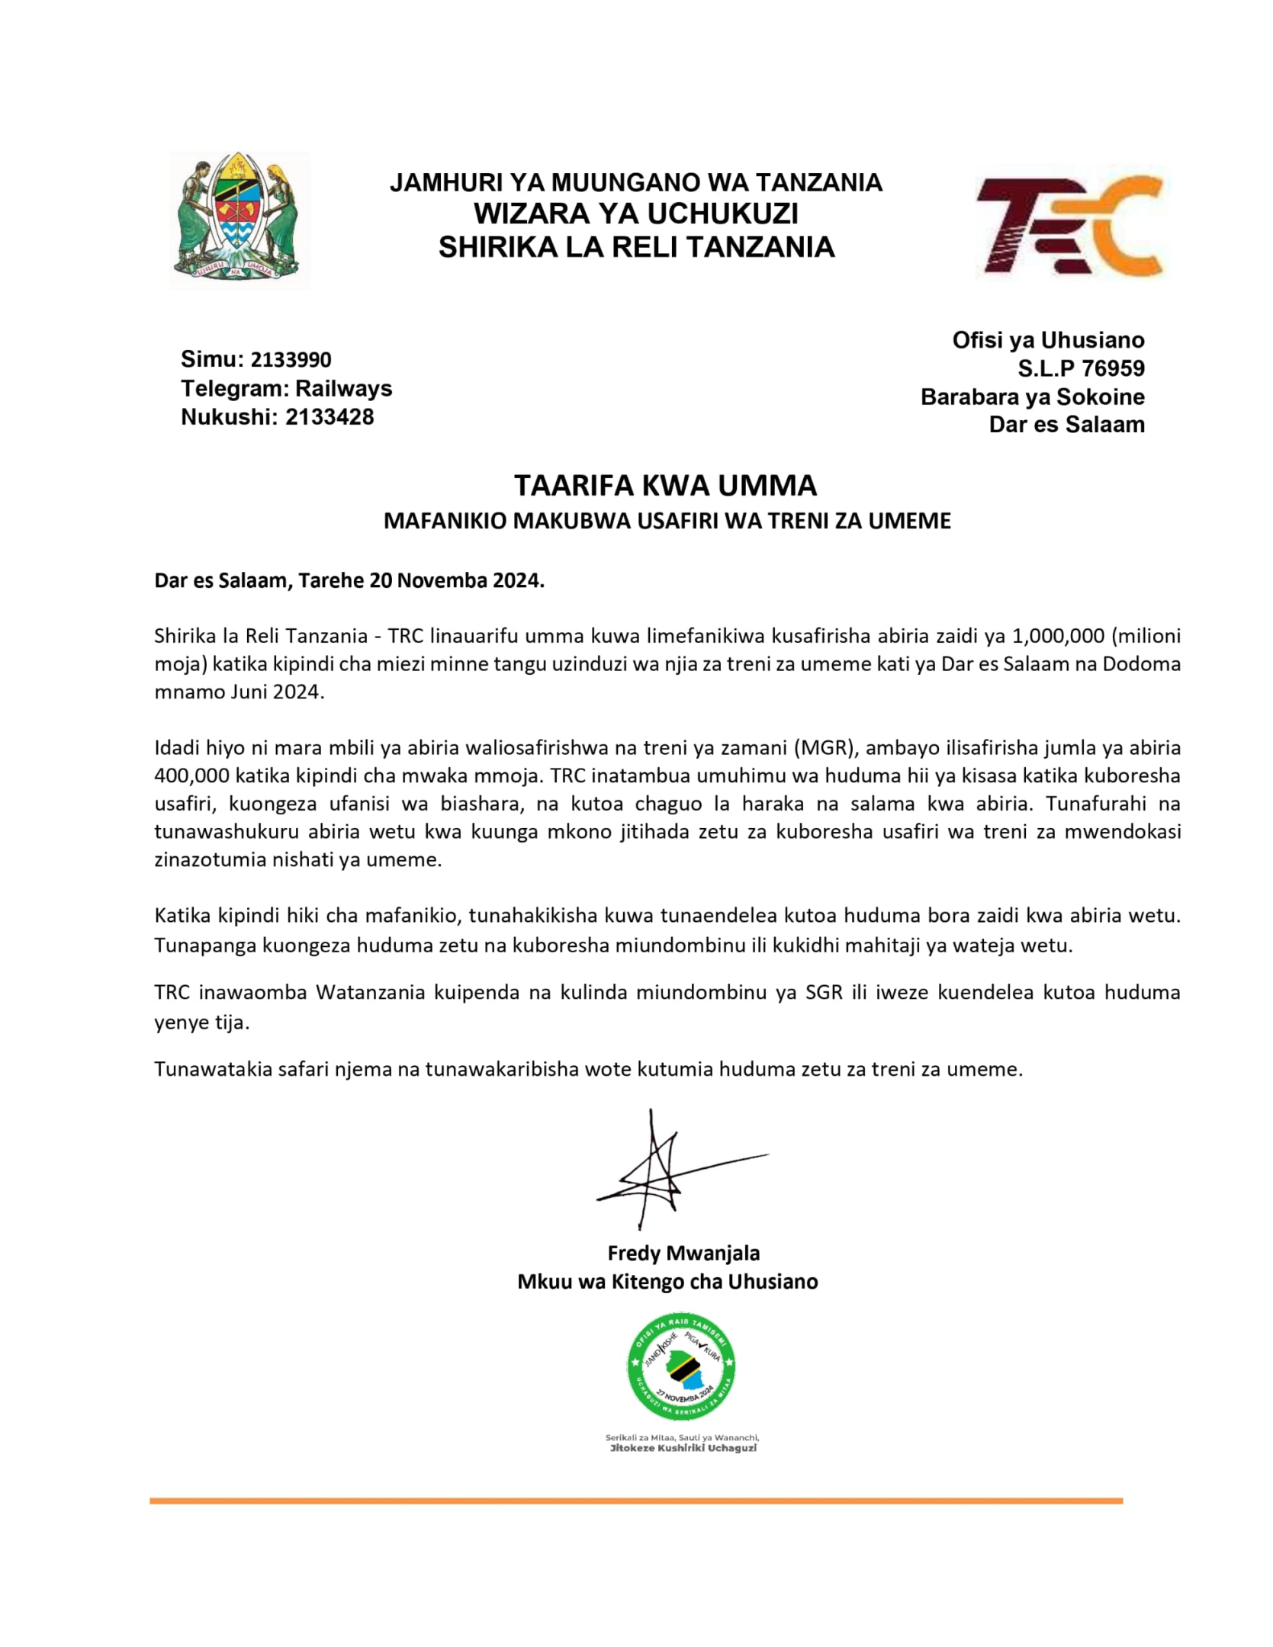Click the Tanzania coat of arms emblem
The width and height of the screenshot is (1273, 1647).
(x=239, y=220)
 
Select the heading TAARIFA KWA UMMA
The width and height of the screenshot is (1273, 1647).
(x=665, y=485)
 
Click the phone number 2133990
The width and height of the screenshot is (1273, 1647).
(x=291, y=359)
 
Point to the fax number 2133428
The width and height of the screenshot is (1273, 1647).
(x=330, y=417)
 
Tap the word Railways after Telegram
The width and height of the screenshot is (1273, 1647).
(x=343, y=388)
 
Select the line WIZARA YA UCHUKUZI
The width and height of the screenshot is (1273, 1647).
(x=635, y=213)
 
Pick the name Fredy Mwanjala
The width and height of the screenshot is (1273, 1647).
(x=683, y=1253)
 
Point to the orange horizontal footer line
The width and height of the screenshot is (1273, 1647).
(x=635, y=1501)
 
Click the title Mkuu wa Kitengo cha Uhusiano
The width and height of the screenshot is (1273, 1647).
(x=667, y=1282)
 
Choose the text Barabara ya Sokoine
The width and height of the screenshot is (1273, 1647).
(x=1032, y=396)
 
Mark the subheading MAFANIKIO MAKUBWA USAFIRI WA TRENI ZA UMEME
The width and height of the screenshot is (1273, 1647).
(x=667, y=521)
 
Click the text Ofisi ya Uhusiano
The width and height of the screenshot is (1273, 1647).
(x=1048, y=340)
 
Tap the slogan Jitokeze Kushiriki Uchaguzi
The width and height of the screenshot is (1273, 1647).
(x=683, y=1448)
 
